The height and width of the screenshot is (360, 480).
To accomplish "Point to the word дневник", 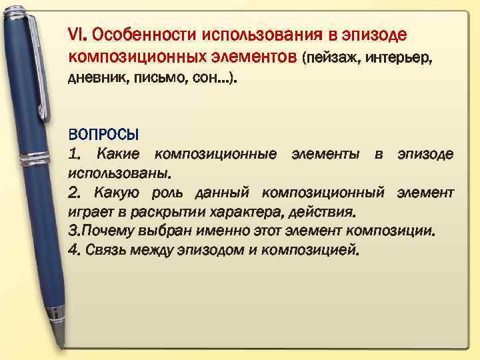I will tap(92, 80).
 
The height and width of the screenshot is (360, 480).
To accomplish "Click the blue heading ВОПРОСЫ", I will tap(103, 136).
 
